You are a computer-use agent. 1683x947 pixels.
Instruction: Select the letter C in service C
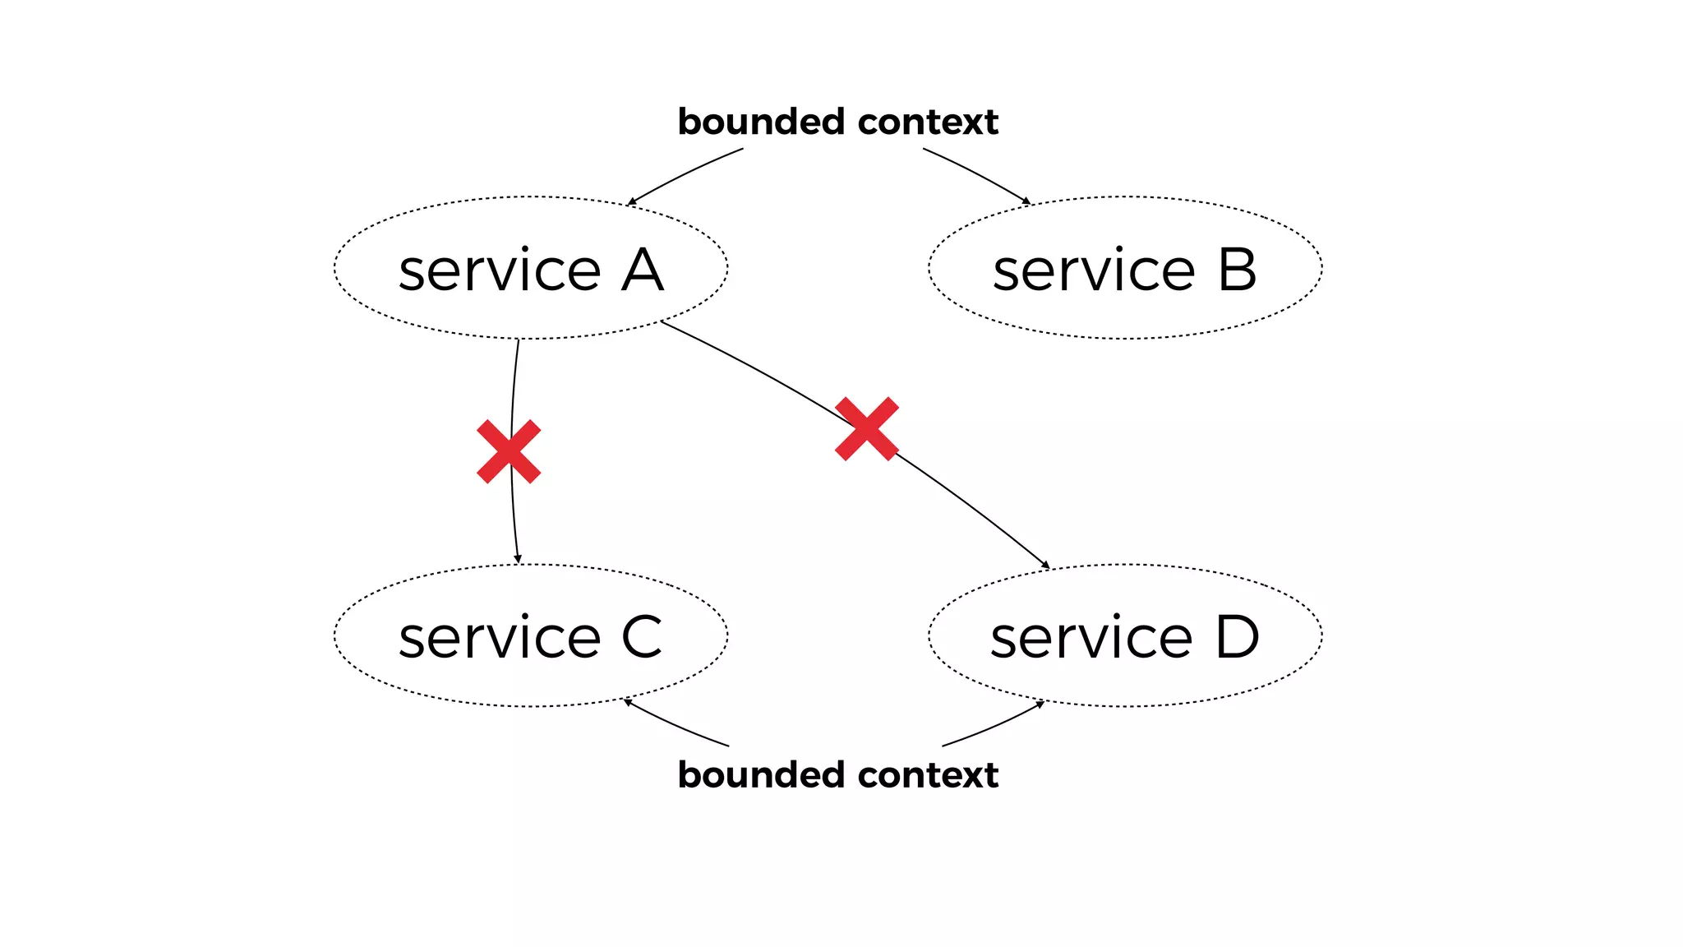[x=641, y=637]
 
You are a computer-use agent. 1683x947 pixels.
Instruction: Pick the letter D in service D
[x=1237, y=637]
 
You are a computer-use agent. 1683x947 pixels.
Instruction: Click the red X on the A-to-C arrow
[x=509, y=451]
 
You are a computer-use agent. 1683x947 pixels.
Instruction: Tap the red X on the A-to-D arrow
[x=866, y=428]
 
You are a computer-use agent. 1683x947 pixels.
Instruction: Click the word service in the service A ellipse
[x=500, y=271]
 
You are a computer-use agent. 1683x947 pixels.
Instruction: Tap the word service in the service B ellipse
[x=1094, y=271]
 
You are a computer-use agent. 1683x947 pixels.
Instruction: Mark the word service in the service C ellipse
[x=500, y=639]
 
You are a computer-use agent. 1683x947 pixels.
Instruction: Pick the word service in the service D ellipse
[x=1091, y=639]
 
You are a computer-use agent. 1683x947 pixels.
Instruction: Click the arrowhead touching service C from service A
[x=518, y=560]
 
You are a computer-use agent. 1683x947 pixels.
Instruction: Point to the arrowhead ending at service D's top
[x=1045, y=565]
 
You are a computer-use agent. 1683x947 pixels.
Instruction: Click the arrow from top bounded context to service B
[x=978, y=173]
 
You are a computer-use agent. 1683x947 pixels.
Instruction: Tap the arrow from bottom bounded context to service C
[x=674, y=725]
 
